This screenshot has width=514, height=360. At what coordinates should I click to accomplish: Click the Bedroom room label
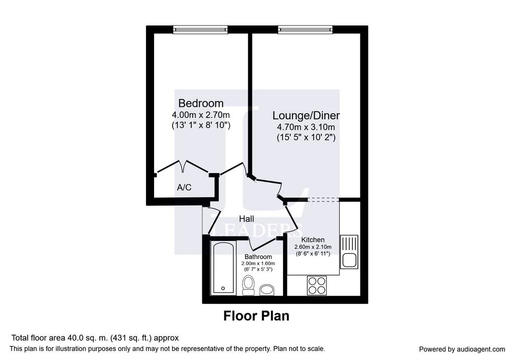pyautogui.click(x=201, y=103)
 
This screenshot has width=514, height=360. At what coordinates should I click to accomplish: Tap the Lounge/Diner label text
pyautogui.click(x=306, y=115)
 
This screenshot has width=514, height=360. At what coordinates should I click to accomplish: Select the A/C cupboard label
pyautogui.click(x=184, y=188)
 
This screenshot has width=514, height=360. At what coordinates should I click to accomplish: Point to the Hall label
pyautogui.click(x=246, y=219)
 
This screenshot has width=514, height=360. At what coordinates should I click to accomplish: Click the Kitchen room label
pyautogui.click(x=313, y=239)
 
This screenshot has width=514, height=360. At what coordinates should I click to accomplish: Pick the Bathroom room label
pyautogui.click(x=258, y=257)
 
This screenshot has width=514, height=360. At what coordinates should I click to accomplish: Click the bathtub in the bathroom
pyautogui.click(x=223, y=268)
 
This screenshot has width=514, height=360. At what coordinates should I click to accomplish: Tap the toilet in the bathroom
pyautogui.click(x=248, y=285)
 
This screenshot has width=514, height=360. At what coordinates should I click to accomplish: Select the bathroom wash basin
pyautogui.click(x=267, y=290)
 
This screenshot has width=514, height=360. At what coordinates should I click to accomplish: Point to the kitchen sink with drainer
pyautogui.click(x=349, y=251)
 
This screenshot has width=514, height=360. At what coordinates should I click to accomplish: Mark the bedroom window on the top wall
pyautogui.click(x=200, y=30)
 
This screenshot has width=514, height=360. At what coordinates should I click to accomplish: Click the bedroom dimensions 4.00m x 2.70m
pyautogui.click(x=201, y=115)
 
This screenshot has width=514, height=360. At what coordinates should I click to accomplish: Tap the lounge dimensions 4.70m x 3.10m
pyautogui.click(x=306, y=127)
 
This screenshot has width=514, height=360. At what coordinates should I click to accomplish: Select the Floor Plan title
pyautogui.click(x=256, y=316)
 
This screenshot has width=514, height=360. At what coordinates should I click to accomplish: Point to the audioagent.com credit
pyautogui.click(x=462, y=349)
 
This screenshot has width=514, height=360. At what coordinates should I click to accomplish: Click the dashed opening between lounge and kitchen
pyautogui.click(x=323, y=199)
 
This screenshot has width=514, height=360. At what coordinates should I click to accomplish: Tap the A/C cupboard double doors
pyautogui.click(x=183, y=167)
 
